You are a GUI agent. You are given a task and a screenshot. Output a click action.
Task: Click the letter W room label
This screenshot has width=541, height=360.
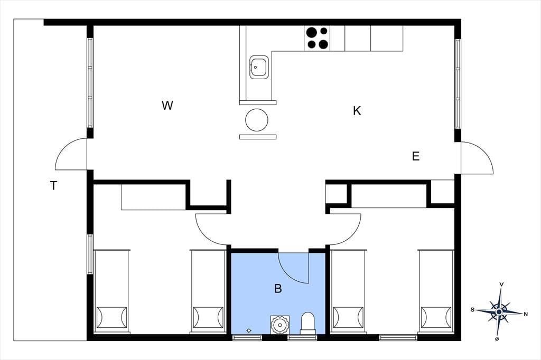pos(167,106)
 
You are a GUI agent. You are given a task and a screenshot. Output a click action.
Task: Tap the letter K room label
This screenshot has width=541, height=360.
pos(357,111)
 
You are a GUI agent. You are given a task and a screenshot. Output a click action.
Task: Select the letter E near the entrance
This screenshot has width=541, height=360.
pos(416,156)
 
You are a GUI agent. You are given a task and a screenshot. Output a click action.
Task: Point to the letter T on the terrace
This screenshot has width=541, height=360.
pos(53,186)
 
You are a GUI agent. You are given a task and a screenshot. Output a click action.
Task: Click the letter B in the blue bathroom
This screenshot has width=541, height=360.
pos(278,288)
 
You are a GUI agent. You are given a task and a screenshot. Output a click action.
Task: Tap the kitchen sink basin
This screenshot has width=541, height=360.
pos(258,67)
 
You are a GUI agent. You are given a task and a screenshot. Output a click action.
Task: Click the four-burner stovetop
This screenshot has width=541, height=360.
pos(317,39)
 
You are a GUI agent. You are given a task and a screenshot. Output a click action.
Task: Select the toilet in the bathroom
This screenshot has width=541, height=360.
pos(308,323)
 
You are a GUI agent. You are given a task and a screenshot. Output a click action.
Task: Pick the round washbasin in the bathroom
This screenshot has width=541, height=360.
pos(279,324)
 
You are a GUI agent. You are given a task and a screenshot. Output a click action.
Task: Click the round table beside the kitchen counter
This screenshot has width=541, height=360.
pos(257,120)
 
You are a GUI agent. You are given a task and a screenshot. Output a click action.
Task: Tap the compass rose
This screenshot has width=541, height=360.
pos(499,312)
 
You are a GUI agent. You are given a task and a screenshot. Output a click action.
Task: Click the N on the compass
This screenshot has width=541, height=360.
pos(526,314)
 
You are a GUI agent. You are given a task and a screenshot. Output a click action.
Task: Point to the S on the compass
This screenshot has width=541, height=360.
pos(472,310)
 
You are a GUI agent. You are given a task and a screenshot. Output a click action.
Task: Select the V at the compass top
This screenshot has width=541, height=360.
pos(502,284)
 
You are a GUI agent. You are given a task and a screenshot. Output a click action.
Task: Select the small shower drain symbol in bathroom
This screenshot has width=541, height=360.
pos(249,330)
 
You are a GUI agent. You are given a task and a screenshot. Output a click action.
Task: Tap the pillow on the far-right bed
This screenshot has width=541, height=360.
pos(436,317)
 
